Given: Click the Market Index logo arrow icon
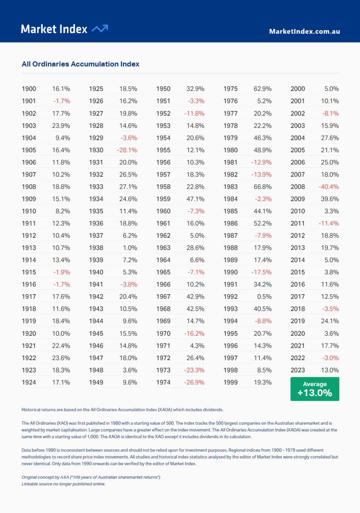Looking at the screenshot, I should point(100,29).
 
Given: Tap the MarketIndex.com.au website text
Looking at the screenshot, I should point(304,31).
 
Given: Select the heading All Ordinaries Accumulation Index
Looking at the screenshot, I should point(80,64).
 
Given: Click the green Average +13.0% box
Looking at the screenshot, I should point(315,389).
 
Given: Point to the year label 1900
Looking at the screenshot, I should point(29,89).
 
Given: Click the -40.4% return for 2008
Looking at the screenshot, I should point(329,187).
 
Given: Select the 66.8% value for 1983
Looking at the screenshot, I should point(262,187).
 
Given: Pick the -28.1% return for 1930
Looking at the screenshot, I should point(127,150).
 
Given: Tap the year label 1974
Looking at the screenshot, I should point(163,382).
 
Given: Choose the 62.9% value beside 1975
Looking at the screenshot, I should point(262,89).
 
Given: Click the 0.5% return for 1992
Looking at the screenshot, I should point(264,297).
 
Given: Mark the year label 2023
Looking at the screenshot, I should point(298,370).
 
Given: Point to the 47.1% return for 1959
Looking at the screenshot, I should point(195,199).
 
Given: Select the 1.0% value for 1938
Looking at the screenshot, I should point(130,248).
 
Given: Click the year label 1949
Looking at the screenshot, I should point(96,382).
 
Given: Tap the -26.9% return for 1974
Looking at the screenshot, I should point(194,382).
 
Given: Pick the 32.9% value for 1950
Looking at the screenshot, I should point(195,89).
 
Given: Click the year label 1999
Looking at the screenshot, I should point(230,382).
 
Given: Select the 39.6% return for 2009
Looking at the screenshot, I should point(330,199).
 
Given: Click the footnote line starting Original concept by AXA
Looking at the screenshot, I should point(91,477).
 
